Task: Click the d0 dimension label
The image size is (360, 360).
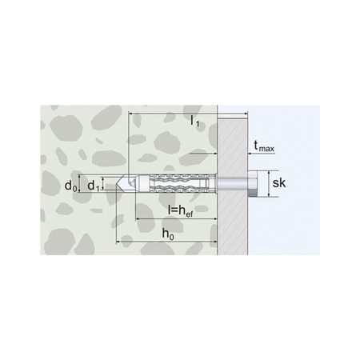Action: [70, 186]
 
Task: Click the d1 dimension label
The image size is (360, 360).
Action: [94, 186]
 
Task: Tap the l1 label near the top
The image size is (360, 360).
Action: [195, 122]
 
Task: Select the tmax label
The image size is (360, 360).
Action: [264, 146]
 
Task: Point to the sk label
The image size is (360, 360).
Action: [279, 183]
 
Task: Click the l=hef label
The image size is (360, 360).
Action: [181, 211]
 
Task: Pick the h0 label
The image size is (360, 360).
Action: [168, 234]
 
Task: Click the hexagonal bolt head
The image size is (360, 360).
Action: [252, 184]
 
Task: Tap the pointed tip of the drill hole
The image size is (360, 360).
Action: [116, 184]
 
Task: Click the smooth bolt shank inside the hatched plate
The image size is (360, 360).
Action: [232, 184]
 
